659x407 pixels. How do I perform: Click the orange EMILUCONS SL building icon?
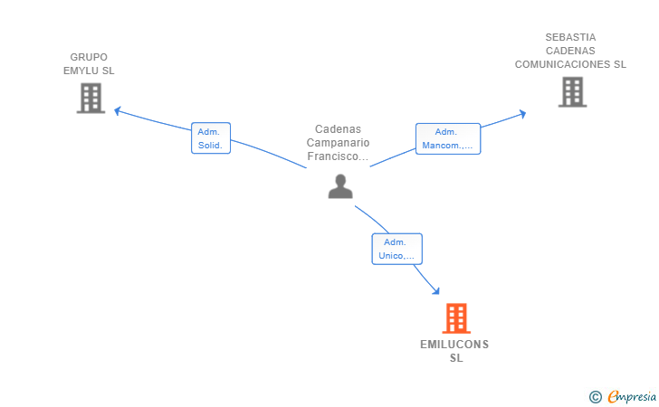click(456, 318)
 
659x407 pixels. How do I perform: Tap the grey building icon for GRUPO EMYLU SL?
click(91, 99)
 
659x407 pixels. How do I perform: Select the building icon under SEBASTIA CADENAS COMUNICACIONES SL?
click(572, 92)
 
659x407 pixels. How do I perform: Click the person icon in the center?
click(340, 186)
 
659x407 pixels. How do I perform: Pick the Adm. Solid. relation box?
click(211, 138)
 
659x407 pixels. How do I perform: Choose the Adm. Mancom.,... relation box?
click(448, 138)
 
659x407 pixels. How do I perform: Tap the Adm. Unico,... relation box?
click(396, 249)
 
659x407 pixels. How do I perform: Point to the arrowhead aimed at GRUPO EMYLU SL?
click(118, 110)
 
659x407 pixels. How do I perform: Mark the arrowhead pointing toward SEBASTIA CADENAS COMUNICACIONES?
click(523, 114)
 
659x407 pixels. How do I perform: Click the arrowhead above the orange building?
click(436, 290)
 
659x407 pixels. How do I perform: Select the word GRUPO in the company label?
click(89, 57)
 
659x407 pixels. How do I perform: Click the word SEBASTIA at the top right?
click(570, 37)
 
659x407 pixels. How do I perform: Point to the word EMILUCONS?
click(454, 345)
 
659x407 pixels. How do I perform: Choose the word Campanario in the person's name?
click(338, 143)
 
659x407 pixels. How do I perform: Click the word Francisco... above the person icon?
click(338, 156)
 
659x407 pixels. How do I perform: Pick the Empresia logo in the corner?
click(632, 396)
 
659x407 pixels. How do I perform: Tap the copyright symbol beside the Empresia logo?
click(595, 397)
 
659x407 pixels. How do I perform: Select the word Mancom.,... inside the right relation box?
click(447, 146)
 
